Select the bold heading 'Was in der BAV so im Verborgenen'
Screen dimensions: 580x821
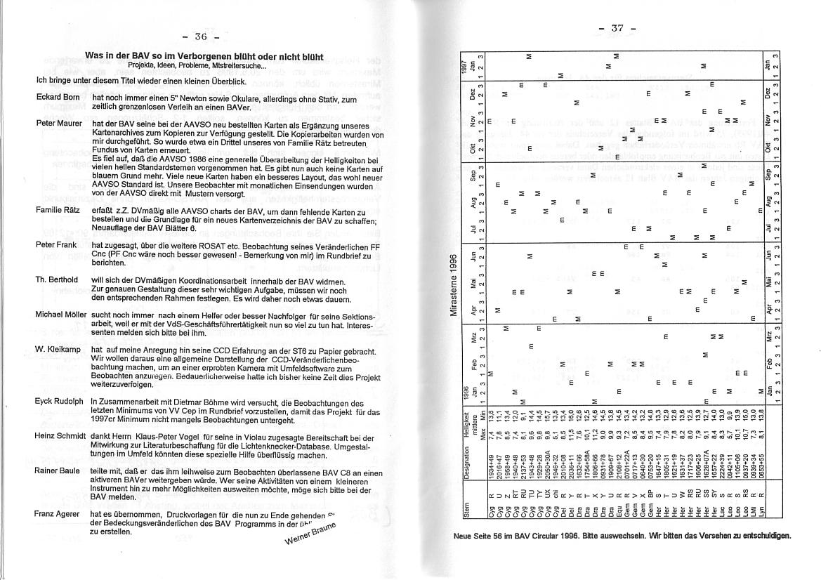pyautogui.click(x=204, y=55)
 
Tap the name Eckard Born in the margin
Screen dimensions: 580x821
pyautogui.click(x=58, y=98)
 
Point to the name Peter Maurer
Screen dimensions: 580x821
pyautogui.click(x=58, y=123)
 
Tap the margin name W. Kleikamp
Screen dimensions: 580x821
pyautogui.click(x=57, y=349)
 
